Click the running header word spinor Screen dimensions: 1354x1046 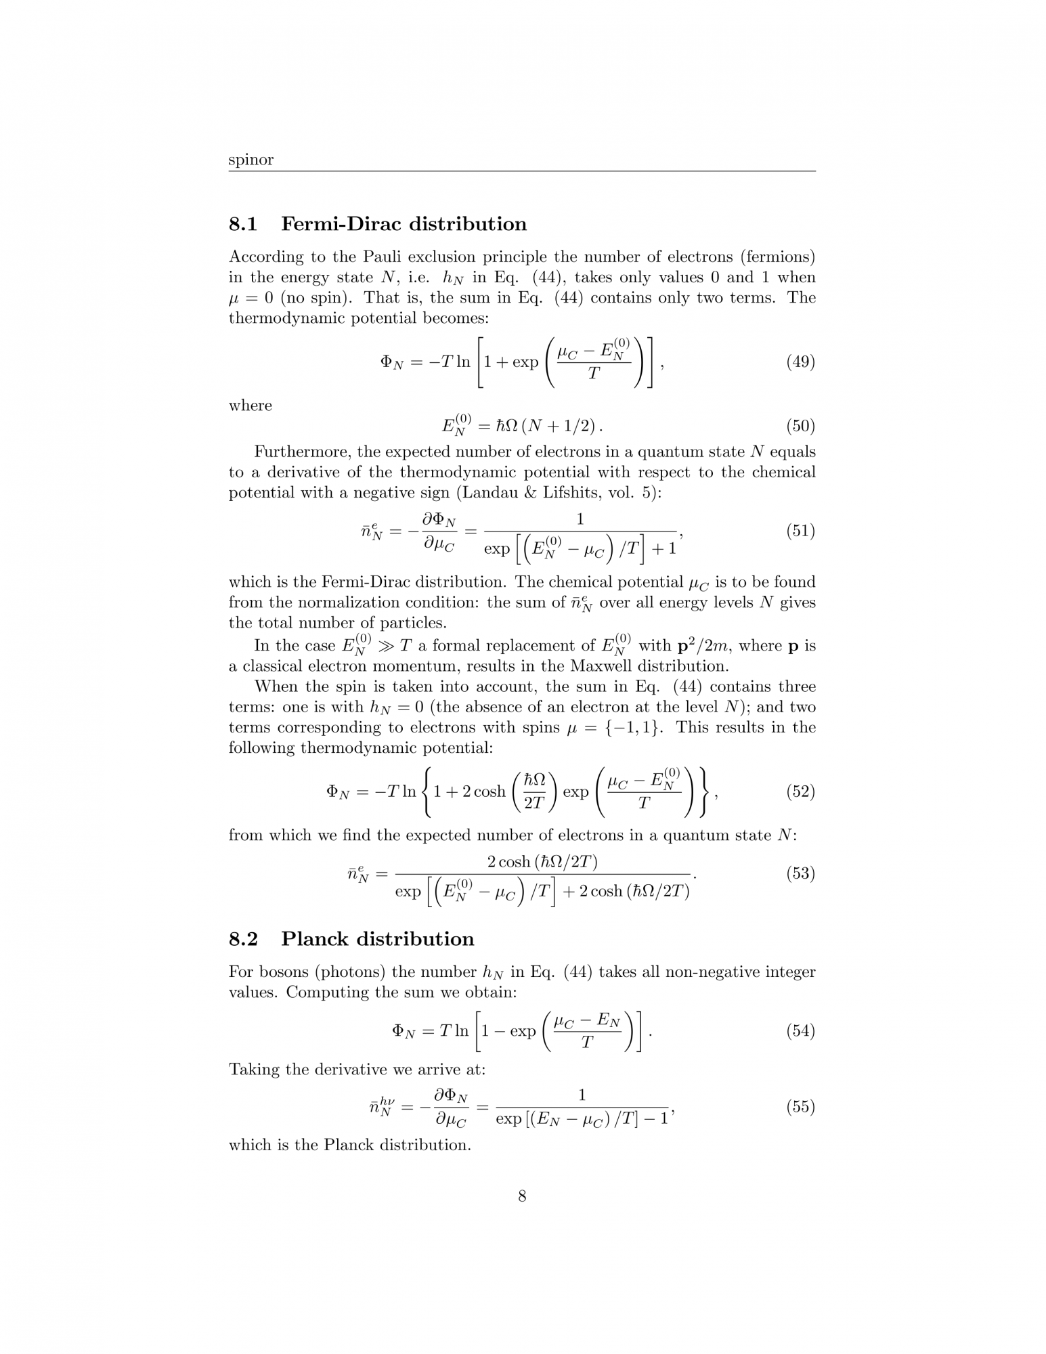click(250, 160)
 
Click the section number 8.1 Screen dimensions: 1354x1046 click(243, 224)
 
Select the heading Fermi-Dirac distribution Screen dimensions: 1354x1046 click(404, 224)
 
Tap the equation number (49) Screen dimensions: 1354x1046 click(800, 362)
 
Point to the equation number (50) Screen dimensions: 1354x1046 click(800, 427)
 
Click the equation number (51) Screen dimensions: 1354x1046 click(800, 531)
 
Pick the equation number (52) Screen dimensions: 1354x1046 click(800, 791)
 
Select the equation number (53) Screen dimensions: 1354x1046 click(800, 874)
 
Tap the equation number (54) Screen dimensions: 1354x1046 click(800, 1031)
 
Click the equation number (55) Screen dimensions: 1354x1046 click(800, 1107)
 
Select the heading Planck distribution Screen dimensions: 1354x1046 click(378, 939)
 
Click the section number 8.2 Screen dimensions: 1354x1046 click(243, 939)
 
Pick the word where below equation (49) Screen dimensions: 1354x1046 click(250, 406)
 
